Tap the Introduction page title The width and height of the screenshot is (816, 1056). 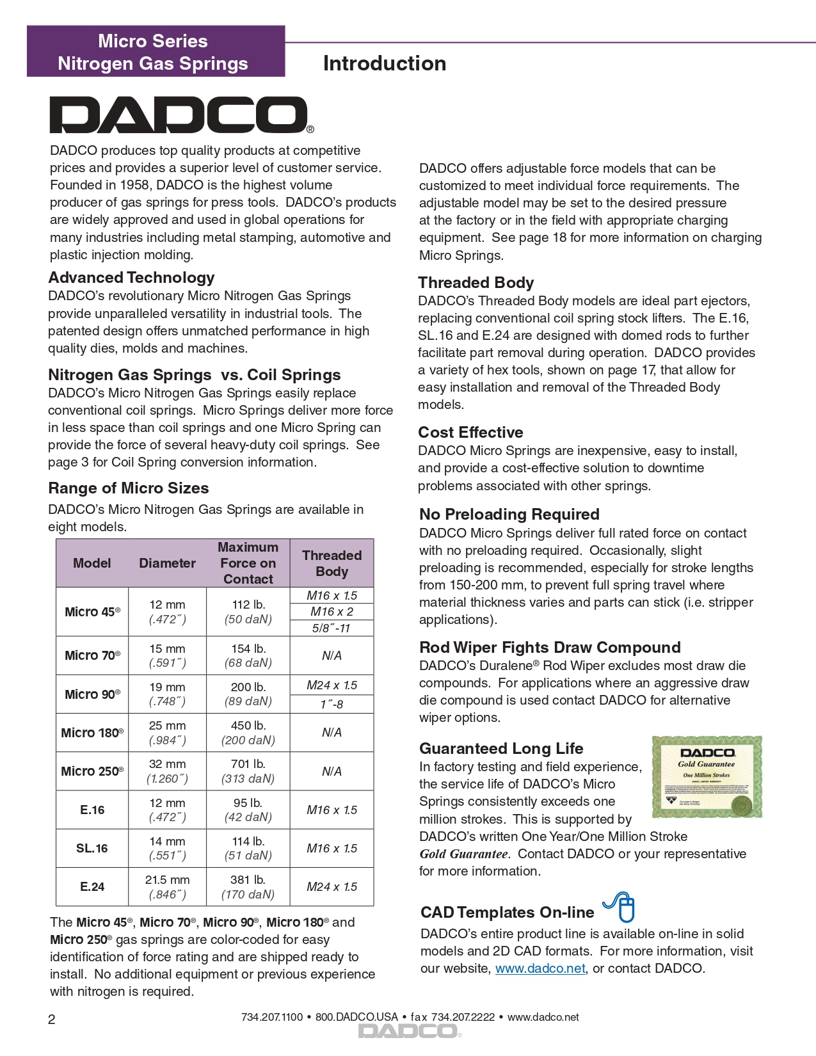(x=384, y=63)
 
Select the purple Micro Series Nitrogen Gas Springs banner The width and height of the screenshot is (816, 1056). (x=156, y=52)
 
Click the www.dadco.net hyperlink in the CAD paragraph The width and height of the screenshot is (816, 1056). (x=540, y=968)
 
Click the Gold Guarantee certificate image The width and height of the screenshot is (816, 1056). (x=707, y=776)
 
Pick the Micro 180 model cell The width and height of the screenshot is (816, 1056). (x=92, y=733)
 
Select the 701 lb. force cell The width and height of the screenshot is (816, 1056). (x=248, y=771)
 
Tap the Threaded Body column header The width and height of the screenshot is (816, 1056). (x=332, y=563)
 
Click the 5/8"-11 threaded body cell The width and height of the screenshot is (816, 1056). (x=332, y=628)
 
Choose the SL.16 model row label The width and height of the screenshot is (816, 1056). (x=92, y=848)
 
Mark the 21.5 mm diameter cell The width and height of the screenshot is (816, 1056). (x=167, y=886)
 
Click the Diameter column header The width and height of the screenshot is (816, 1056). (x=167, y=563)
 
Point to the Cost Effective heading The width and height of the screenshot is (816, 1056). (x=470, y=433)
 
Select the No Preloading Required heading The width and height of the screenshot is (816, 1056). (x=509, y=515)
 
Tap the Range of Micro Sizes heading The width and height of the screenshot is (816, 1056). (x=129, y=488)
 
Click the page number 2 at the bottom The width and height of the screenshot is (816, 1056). (x=52, y=1020)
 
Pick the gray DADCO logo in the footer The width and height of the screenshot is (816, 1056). (x=409, y=1031)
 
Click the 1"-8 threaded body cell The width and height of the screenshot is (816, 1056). (x=332, y=704)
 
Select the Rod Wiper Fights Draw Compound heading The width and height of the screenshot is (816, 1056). (x=550, y=648)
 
